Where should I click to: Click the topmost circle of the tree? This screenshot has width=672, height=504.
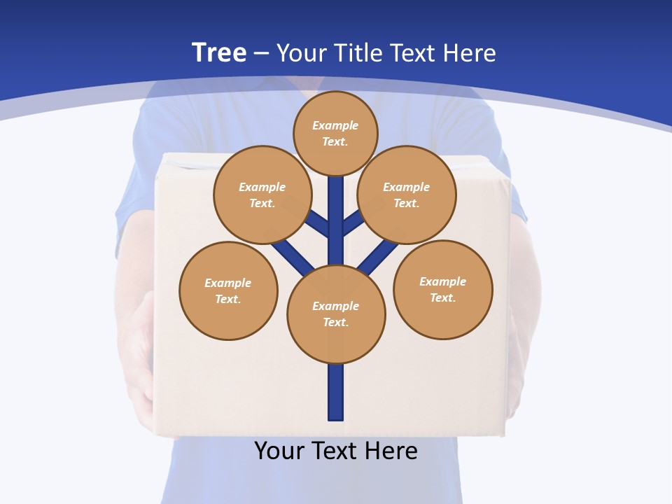tap(335, 134)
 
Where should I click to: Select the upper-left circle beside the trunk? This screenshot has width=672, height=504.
tap(262, 195)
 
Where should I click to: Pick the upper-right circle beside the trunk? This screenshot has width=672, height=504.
tap(407, 195)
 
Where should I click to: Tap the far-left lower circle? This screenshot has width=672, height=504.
tap(228, 290)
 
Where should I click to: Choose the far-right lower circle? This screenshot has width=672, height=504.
tap(443, 289)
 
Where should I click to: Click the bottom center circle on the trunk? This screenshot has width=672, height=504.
tap(336, 314)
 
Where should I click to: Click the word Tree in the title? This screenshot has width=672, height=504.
tap(219, 52)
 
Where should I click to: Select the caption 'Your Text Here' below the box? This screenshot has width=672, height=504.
tap(336, 450)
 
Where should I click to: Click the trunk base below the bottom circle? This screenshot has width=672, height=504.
tap(336, 392)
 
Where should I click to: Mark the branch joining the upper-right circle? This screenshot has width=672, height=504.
tap(353, 223)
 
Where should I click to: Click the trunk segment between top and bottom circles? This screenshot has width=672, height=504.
tap(336, 224)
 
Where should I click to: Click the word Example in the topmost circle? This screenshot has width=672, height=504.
tap(335, 125)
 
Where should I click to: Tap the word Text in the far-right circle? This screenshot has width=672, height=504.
tap(442, 297)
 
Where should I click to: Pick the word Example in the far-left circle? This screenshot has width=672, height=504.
tap(228, 283)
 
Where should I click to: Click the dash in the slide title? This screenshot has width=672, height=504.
tap(261, 53)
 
